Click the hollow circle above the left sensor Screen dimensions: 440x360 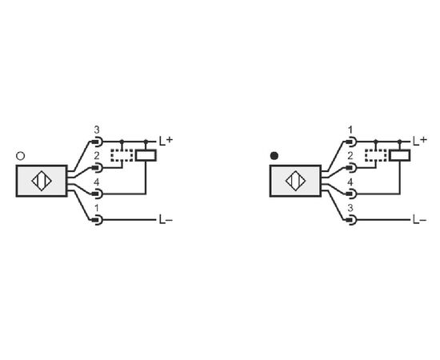21,156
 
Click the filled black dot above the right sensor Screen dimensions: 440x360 274,156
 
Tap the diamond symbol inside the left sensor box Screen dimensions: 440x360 42,181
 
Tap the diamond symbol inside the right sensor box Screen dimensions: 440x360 295,181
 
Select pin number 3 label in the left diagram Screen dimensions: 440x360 97,130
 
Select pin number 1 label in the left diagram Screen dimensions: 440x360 97,209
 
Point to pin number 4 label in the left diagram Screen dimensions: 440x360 97,182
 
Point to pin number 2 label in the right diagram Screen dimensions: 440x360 350,156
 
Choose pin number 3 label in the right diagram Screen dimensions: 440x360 350,209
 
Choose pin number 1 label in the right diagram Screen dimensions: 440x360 350,130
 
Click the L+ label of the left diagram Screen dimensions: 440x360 166,141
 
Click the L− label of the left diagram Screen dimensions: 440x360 166,220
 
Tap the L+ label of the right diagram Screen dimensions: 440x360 420,141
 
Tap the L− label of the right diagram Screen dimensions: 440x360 420,220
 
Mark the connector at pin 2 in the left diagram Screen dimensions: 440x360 98,168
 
